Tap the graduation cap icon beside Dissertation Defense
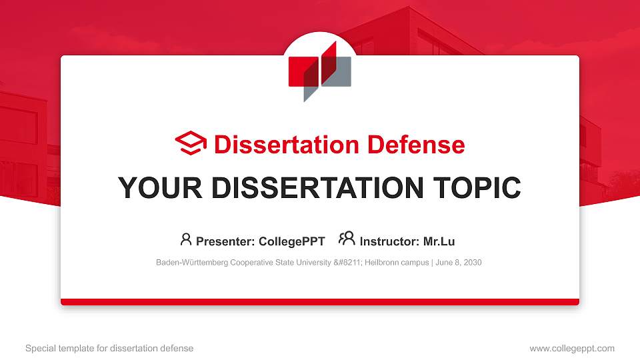(x=191, y=144)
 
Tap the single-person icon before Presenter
(x=186, y=239)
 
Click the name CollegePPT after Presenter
(x=293, y=241)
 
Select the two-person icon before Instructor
(x=347, y=239)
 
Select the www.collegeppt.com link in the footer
(x=572, y=348)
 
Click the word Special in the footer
(x=39, y=348)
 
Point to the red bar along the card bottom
(x=320, y=302)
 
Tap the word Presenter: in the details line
(x=219, y=241)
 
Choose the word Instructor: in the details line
(x=389, y=241)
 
